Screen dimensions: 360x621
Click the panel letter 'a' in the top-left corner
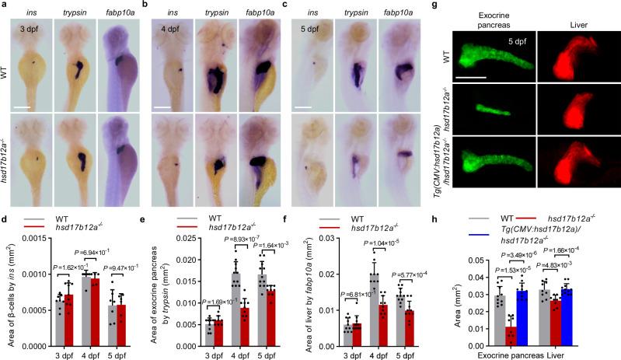click(5, 5)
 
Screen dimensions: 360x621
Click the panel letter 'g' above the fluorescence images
click(435, 5)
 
